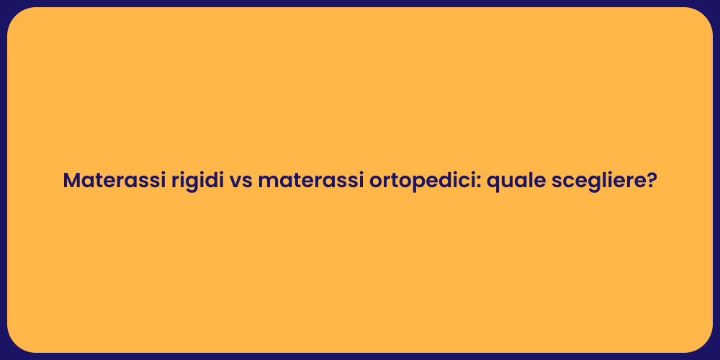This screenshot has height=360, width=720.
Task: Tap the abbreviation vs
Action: click(241, 181)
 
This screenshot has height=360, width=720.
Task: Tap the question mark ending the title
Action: click(652, 180)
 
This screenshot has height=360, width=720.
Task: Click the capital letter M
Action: click(71, 181)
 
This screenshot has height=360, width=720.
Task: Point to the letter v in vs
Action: click(235, 182)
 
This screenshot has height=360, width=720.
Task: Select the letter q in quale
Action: click(494, 183)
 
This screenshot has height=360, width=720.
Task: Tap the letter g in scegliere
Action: click(592, 183)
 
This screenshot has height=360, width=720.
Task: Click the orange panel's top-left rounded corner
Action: click(16, 16)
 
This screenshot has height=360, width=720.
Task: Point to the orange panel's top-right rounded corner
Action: click(704, 16)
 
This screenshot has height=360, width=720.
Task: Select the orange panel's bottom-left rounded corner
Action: click(16, 344)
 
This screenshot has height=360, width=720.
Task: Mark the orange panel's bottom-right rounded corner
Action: click(704, 344)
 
